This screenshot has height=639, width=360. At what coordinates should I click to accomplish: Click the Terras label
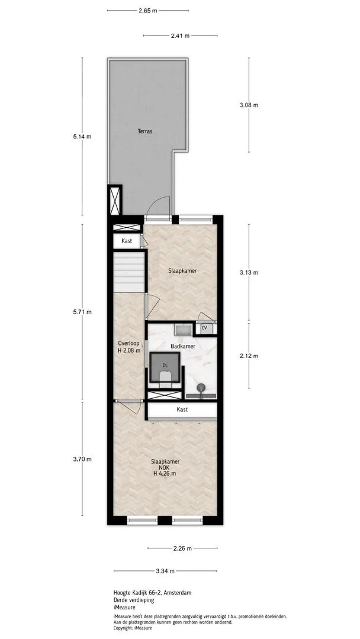pos(144,131)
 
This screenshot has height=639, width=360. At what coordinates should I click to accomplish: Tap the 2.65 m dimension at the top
pos(147,11)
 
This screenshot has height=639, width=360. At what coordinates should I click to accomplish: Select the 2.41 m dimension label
pos(180,36)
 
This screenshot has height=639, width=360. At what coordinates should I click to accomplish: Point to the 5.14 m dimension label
pos(82,137)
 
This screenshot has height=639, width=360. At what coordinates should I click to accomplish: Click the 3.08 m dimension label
pos(249,105)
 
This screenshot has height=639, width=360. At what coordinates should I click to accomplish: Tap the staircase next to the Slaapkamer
pos(129,272)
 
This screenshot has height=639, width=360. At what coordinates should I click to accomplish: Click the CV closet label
pos(204,327)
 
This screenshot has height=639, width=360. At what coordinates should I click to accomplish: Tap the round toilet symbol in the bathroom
pos(201,388)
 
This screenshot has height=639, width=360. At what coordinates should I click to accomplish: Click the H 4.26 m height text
pos(165,473)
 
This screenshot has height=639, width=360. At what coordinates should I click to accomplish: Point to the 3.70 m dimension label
pos(82,459)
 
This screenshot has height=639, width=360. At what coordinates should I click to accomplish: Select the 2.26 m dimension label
pos(182,548)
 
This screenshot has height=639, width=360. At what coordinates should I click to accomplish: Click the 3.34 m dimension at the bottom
pos(165,571)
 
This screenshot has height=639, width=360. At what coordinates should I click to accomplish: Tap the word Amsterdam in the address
pos(178,592)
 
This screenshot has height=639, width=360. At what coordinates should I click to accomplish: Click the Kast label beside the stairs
pos(127,241)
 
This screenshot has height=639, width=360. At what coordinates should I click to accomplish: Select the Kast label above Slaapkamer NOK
pos(182,409)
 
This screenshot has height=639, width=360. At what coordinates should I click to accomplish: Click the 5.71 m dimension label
pos(82,312)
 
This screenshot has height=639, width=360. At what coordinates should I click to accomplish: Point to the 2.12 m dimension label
pos(249,356)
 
